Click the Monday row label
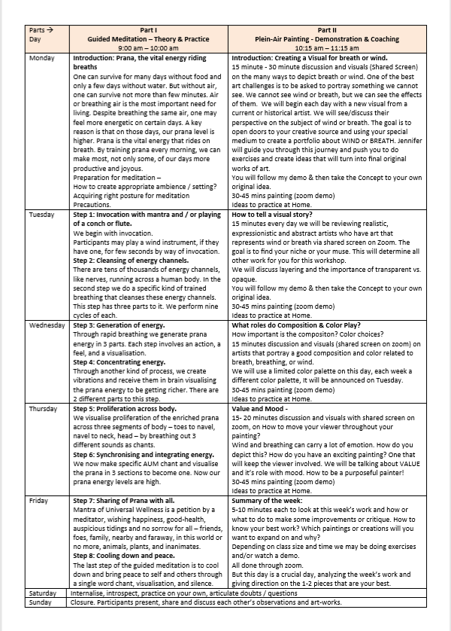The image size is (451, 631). [x=41, y=57]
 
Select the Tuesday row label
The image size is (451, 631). [x=42, y=215]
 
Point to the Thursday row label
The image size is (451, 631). [x=43, y=408]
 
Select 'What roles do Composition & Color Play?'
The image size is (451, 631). [x=301, y=325]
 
